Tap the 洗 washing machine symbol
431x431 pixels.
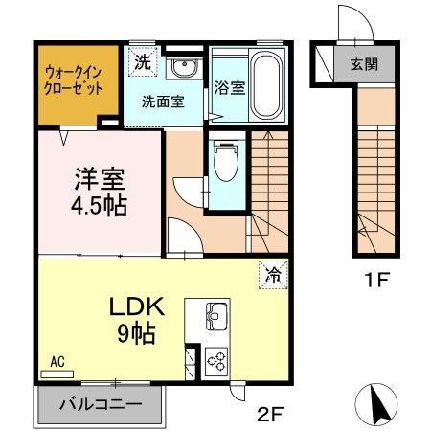(x=142, y=64)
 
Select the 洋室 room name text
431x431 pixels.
(x=99, y=180)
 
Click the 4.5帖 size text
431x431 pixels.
(x=99, y=204)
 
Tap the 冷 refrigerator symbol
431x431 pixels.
(x=271, y=276)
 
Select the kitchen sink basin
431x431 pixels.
(x=215, y=315)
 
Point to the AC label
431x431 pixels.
(x=57, y=361)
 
